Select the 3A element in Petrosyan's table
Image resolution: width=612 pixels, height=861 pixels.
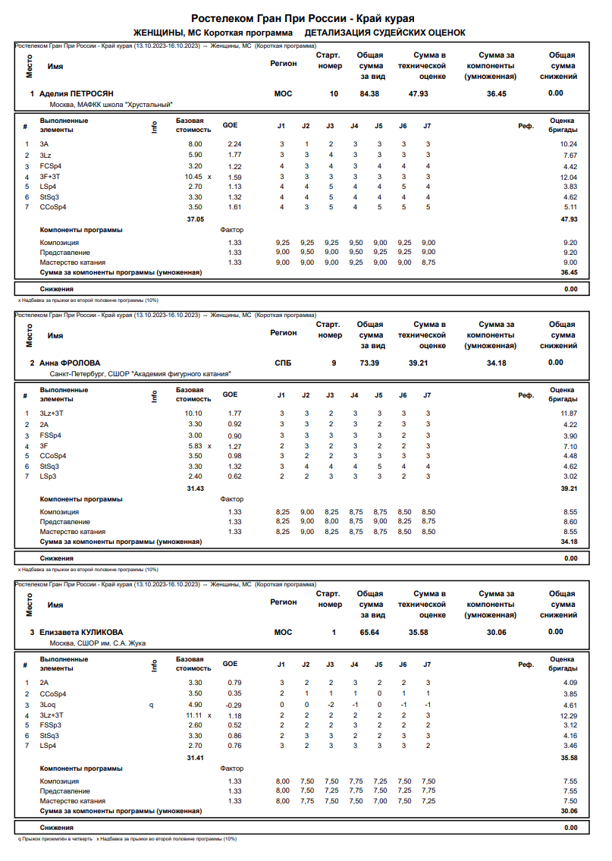[x=45, y=144]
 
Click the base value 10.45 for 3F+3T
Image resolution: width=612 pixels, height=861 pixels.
[x=195, y=177]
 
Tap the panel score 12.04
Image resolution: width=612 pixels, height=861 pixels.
[x=568, y=177]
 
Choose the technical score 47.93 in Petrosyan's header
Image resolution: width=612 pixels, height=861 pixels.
[x=418, y=94]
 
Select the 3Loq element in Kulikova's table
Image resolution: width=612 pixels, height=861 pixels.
[x=48, y=705]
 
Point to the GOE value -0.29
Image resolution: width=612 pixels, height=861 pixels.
[x=234, y=705]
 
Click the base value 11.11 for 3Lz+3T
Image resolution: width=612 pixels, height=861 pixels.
[x=195, y=715]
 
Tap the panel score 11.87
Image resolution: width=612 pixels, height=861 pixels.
[x=568, y=413]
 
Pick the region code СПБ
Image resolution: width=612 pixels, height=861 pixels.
[x=283, y=363]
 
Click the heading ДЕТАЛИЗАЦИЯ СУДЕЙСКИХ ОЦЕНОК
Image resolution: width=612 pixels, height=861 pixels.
[x=384, y=33]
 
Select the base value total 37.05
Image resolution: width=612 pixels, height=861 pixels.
[x=196, y=219]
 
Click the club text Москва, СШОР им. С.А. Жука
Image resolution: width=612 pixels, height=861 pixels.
[x=97, y=643]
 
